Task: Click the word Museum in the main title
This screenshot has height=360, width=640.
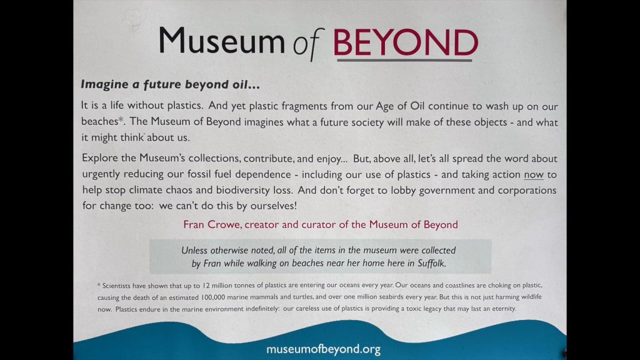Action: tap(221, 41)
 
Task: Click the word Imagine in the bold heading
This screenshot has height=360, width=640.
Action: tap(104, 83)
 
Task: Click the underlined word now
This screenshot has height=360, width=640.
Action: tap(533, 174)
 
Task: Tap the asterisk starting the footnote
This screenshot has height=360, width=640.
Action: tap(99, 285)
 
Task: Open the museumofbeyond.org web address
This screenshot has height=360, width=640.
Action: tap(323, 350)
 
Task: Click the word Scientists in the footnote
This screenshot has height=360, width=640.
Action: tap(118, 286)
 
